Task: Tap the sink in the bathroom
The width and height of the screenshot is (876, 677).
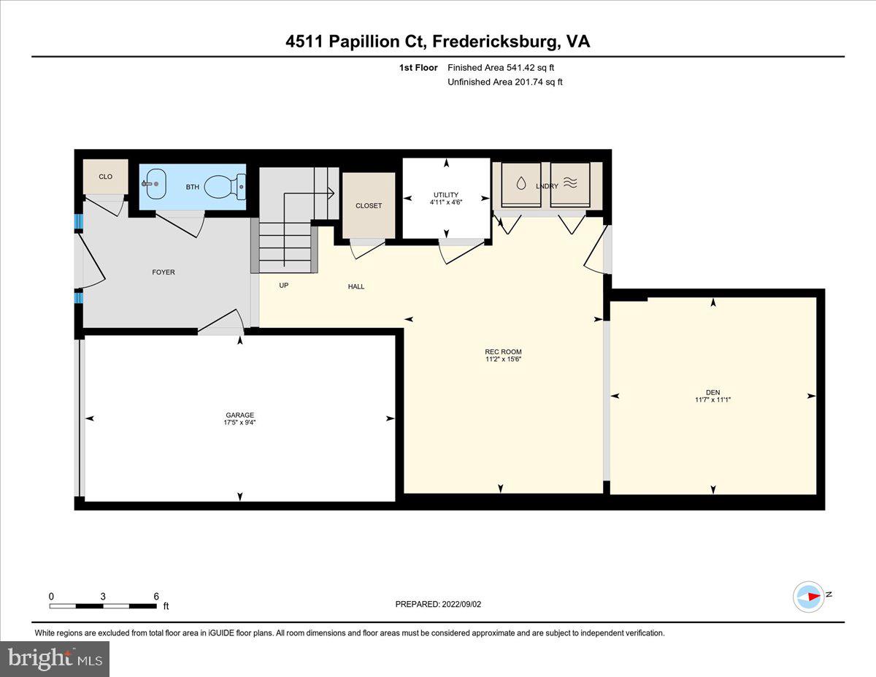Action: pyautogui.click(x=155, y=183)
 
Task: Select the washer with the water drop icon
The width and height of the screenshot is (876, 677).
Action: pyautogui.click(x=520, y=184)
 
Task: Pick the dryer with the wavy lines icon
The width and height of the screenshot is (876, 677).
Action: pyautogui.click(x=569, y=184)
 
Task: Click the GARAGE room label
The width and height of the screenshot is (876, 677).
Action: pyautogui.click(x=239, y=415)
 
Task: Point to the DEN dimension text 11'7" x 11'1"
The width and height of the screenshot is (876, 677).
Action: pyautogui.click(x=712, y=399)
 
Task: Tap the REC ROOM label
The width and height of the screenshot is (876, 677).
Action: pyautogui.click(x=504, y=352)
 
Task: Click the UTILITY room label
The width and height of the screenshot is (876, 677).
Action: pyautogui.click(x=445, y=195)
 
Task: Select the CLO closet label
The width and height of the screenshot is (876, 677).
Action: pyautogui.click(x=105, y=177)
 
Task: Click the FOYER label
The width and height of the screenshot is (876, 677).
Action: pyautogui.click(x=164, y=272)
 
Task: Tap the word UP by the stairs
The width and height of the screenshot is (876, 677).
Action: pyautogui.click(x=284, y=286)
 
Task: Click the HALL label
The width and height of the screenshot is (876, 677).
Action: pyautogui.click(x=356, y=286)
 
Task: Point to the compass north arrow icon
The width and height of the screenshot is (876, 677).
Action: pyautogui.click(x=810, y=596)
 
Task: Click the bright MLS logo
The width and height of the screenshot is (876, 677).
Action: pyautogui.click(x=55, y=659)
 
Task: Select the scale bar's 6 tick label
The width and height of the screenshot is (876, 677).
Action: pyautogui.click(x=156, y=596)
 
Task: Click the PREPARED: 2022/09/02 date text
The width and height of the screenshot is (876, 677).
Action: pyautogui.click(x=438, y=604)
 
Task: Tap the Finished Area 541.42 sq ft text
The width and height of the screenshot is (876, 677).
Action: pyautogui.click(x=505, y=68)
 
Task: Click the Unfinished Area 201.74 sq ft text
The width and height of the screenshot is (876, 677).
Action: pyautogui.click(x=505, y=82)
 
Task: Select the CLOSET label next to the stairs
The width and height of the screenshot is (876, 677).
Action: pyautogui.click(x=369, y=206)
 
